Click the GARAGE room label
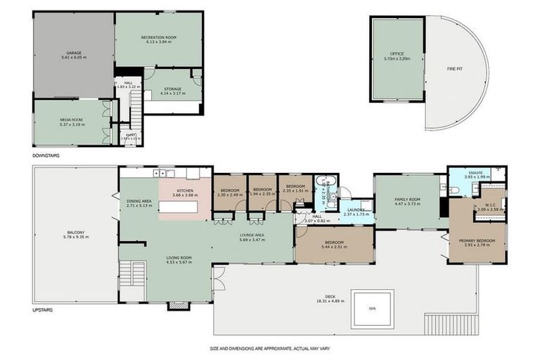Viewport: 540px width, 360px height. click(72, 53)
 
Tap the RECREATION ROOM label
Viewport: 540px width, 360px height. click(158, 36)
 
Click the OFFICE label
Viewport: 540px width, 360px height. click(398, 53)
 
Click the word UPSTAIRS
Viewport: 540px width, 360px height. click(43, 309)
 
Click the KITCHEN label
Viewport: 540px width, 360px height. click(185, 191)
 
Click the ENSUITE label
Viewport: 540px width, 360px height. click(475, 172)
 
